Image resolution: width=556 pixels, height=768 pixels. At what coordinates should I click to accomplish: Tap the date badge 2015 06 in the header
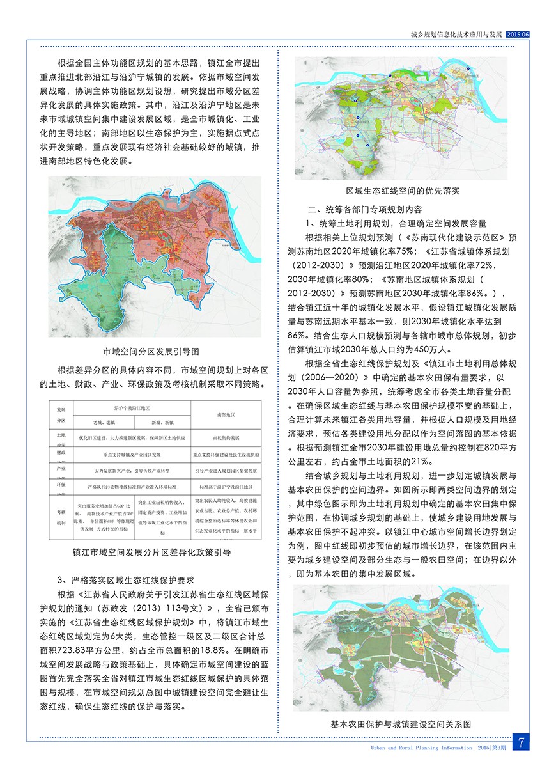[x=518, y=35]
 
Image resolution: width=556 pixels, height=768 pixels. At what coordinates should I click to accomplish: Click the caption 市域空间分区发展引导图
[x=151, y=352]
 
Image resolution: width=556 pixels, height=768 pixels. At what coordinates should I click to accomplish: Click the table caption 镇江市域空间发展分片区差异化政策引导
[x=152, y=550]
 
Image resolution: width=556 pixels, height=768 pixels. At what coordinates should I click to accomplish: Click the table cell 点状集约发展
[x=226, y=438]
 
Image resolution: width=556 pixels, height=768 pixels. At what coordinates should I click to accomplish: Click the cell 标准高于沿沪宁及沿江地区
[x=226, y=487]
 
